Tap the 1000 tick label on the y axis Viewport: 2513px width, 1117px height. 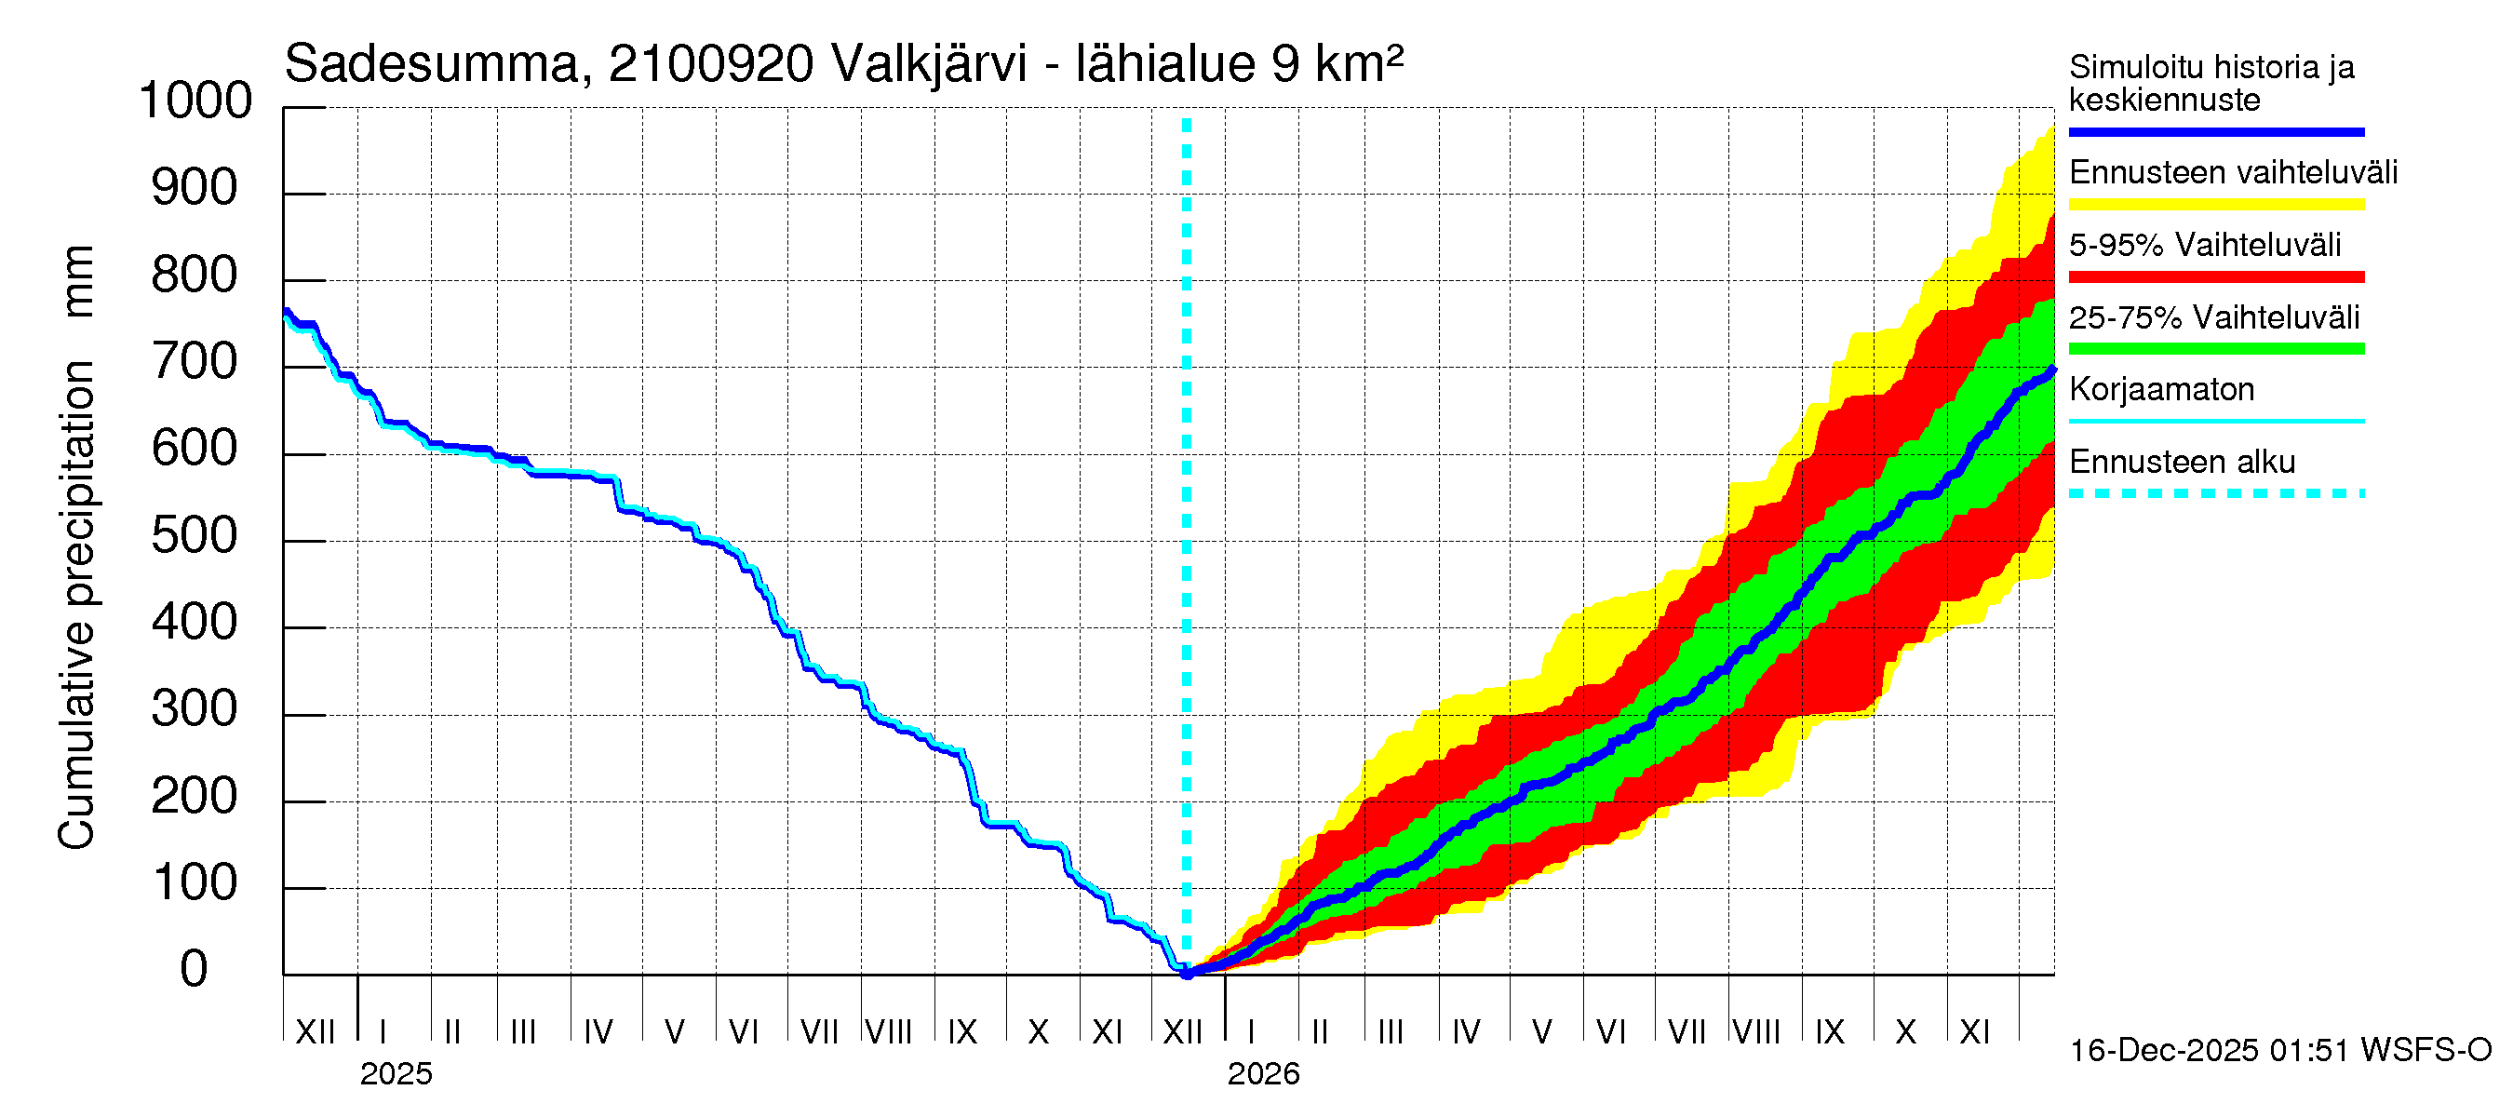coord(195,101)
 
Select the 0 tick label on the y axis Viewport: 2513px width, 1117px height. coord(195,969)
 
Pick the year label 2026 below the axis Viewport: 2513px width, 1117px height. coord(1262,1074)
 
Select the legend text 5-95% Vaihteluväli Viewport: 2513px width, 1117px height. coord(2204,245)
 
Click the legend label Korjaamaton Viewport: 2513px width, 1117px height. coord(2161,389)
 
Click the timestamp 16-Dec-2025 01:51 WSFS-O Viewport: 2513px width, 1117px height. coord(2279,1051)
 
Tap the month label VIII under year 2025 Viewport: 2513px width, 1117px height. coord(888,1032)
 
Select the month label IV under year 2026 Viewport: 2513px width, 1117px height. coord(1465,1032)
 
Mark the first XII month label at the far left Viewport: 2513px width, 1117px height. coord(315,1032)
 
